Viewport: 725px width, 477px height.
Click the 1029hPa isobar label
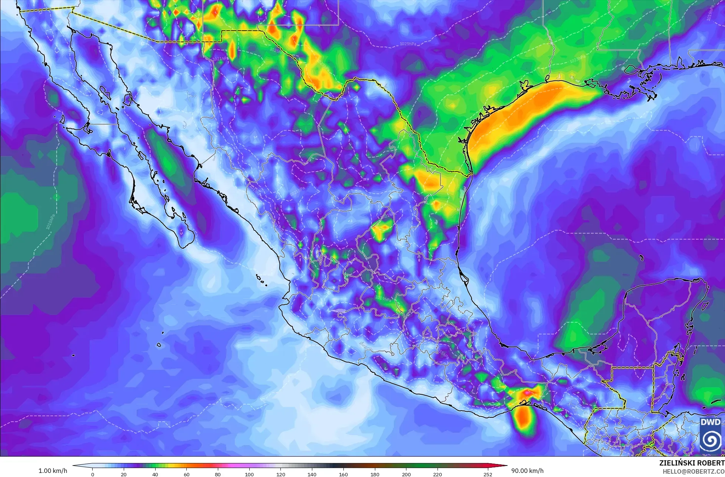[408, 44]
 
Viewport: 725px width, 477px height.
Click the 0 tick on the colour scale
[93, 474]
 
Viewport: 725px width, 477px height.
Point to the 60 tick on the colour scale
[187, 474]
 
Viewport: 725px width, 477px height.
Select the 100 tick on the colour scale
[249, 474]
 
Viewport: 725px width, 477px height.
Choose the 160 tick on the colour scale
[343, 474]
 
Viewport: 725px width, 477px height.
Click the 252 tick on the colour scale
[488, 474]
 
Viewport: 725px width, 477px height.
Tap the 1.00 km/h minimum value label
[53, 471]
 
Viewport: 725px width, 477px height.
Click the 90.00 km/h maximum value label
[527, 471]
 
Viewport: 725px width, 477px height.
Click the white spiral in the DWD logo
[711, 440]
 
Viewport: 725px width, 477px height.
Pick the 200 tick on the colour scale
[406, 474]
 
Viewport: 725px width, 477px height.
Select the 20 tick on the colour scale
[124, 474]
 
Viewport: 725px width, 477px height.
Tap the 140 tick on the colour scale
[312, 474]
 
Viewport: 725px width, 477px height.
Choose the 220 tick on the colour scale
[438, 474]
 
